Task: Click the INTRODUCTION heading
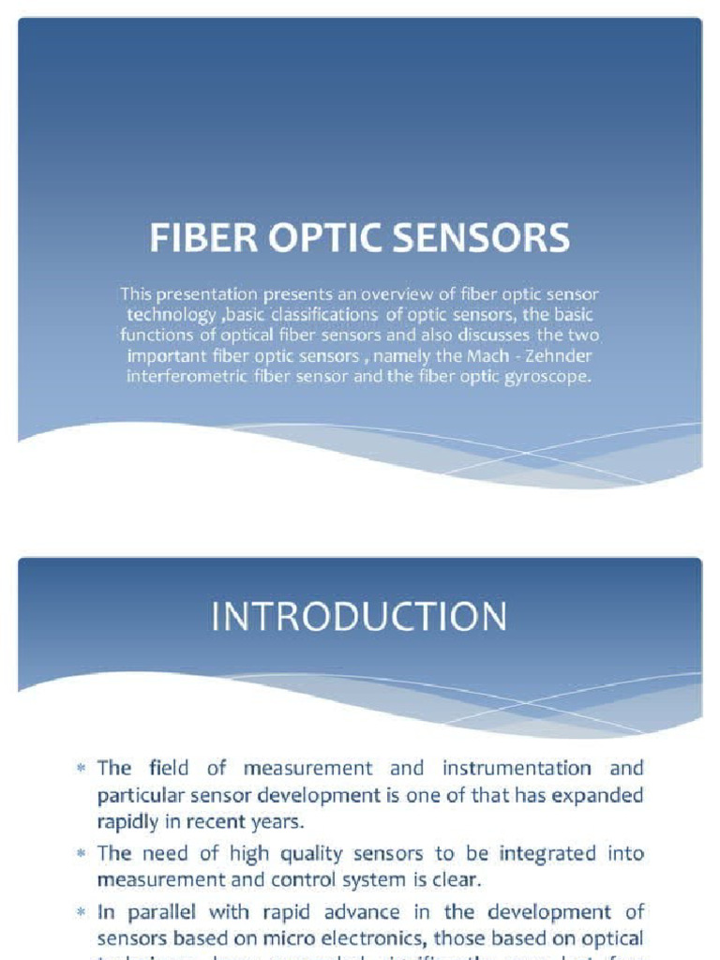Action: tap(359, 618)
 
